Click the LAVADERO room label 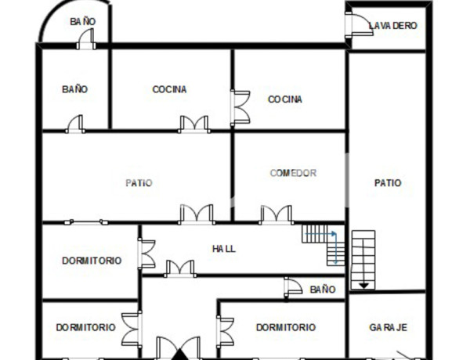click(393, 26)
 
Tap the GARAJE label click(389, 327)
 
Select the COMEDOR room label click(293, 173)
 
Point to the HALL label click(224, 249)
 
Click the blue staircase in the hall click(324, 244)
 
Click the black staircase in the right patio click(364, 257)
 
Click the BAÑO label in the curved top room click(81, 21)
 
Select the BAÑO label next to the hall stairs click(322, 290)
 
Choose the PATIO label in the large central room click(139, 183)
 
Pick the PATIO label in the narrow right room click(388, 183)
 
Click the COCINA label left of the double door click(169, 89)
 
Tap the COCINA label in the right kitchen click(285, 99)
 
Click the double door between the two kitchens click(240, 107)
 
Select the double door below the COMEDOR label click(276, 214)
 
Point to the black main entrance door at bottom click(178, 347)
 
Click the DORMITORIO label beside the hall click(92, 261)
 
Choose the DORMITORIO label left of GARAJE click(286, 328)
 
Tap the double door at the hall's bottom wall click(180, 268)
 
